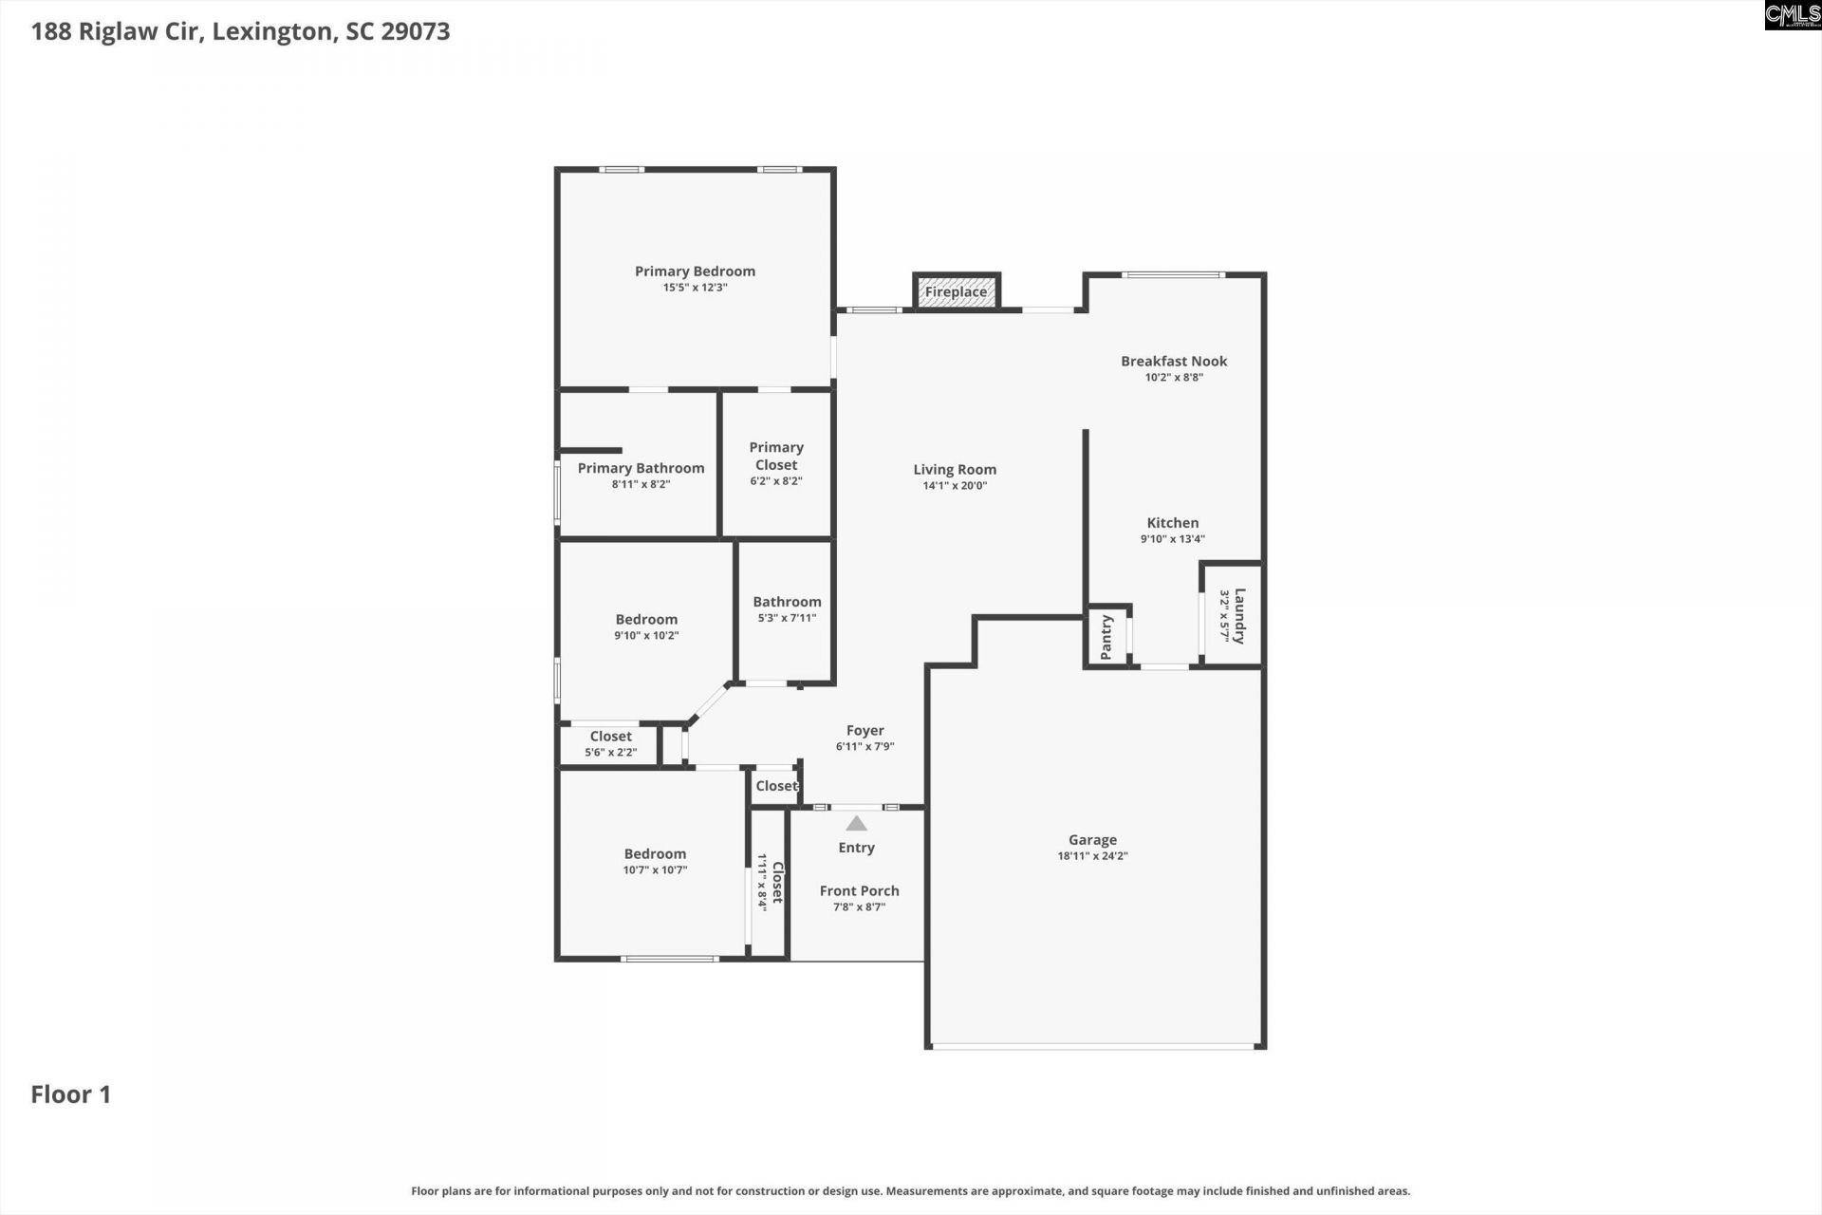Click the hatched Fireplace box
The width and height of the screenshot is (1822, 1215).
(x=956, y=291)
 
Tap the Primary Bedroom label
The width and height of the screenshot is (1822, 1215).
(x=695, y=271)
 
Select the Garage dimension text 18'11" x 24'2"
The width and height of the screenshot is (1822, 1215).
(x=1092, y=856)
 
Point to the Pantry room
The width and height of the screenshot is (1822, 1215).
(x=1106, y=637)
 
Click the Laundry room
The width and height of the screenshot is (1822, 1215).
(x=1233, y=616)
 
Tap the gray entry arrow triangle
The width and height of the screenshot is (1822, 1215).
(x=856, y=823)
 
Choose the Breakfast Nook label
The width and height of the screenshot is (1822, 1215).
(x=1174, y=361)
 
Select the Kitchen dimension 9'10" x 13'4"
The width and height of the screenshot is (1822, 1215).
(x=1172, y=539)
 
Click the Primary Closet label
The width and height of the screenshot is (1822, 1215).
(x=776, y=456)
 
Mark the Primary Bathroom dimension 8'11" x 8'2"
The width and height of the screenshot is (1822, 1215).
(x=641, y=484)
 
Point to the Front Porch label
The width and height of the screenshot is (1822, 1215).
(x=859, y=890)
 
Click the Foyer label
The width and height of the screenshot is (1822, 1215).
(x=865, y=730)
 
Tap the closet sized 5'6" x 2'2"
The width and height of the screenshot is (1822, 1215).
(x=610, y=744)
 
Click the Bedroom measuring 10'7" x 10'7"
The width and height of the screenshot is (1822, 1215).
(x=655, y=862)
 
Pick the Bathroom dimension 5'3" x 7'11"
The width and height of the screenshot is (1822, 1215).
(x=787, y=618)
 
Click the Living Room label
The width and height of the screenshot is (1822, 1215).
(x=955, y=469)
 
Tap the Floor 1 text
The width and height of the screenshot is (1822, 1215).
(x=71, y=1094)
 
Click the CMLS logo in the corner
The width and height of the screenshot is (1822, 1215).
(x=1792, y=15)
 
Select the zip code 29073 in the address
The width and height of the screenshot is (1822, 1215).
(x=416, y=31)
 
